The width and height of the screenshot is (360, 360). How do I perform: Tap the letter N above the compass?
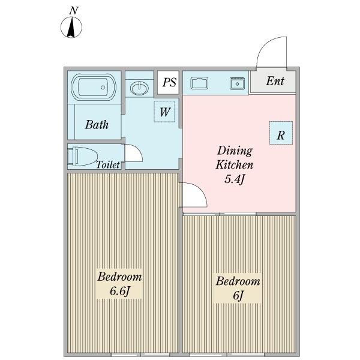pyautogui.click(x=73, y=10)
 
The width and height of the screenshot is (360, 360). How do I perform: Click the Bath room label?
pyautogui.click(x=97, y=125)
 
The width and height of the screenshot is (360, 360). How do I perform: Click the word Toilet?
pyautogui.click(x=109, y=164)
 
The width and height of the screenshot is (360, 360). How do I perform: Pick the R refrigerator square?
pyautogui.click(x=280, y=134)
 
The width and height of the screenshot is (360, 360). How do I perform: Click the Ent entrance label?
pyautogui.click(x=275, y=82)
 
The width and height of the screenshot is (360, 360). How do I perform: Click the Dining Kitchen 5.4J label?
pyautogui.click(x=235, y=165)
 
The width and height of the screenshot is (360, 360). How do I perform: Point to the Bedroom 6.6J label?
pyautogui.click(x=120, y=284)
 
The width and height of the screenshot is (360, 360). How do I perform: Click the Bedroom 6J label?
pyautogui.click(x=238, y=288)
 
